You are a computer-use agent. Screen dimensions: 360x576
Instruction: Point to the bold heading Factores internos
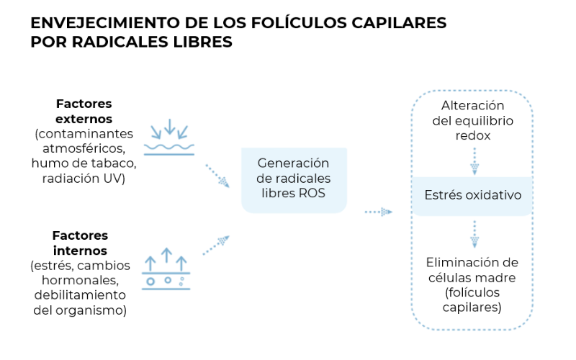click(80, 243)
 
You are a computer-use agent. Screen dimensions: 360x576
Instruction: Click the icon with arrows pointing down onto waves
click(170, 138)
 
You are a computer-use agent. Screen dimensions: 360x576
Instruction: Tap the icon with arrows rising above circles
click(166, 269)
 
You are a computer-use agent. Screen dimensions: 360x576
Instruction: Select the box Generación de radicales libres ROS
click(294, 179)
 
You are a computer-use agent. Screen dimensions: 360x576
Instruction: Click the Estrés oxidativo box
click(472, 195)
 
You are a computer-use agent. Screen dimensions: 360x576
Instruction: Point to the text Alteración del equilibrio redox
click(472, 120)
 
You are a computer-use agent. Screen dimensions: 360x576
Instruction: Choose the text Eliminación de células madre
click(472, 269)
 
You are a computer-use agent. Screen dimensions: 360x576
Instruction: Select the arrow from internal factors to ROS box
click(216, 245)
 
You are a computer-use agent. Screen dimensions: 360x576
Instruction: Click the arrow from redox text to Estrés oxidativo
click(474, 161)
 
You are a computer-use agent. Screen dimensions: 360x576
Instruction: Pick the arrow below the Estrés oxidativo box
click(474, 233)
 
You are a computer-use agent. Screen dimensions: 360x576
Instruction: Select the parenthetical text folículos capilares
click(472, 300)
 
